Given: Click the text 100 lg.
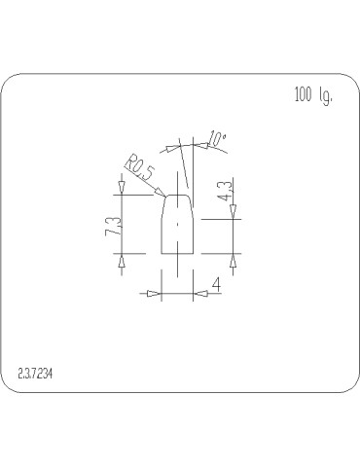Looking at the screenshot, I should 311,95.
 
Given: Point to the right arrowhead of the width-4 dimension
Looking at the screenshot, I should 198,292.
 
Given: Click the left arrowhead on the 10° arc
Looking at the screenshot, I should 172,148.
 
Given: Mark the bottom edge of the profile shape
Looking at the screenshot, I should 176,252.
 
